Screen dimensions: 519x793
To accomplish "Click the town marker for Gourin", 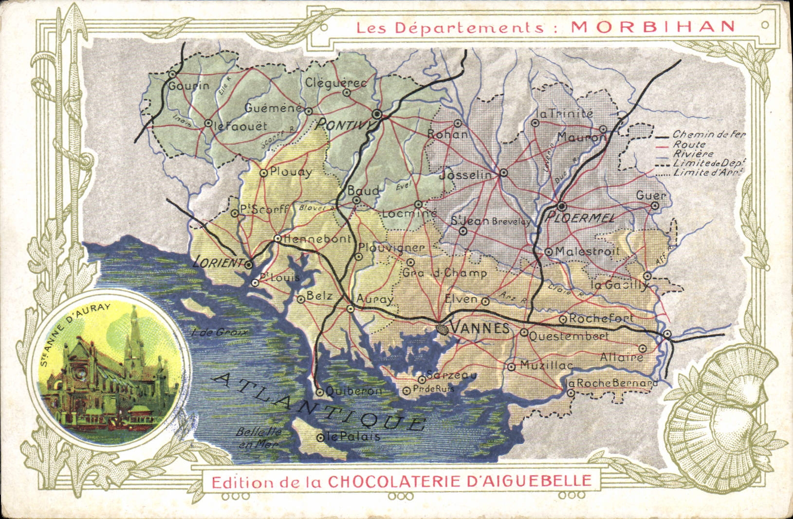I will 172,74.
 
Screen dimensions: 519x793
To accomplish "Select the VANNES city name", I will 479,328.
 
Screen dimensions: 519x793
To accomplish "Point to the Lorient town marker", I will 249,265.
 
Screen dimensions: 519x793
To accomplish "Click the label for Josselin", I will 465,175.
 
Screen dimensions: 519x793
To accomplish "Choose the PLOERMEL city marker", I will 561,206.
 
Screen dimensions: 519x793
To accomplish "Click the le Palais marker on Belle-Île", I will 320,438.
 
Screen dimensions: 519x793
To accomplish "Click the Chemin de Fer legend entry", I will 708,134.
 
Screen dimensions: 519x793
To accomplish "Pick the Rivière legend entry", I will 693,154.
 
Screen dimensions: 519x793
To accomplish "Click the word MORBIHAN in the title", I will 653,27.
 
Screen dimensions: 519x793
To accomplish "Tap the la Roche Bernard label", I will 613,383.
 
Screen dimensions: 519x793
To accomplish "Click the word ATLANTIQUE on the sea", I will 319,402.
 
